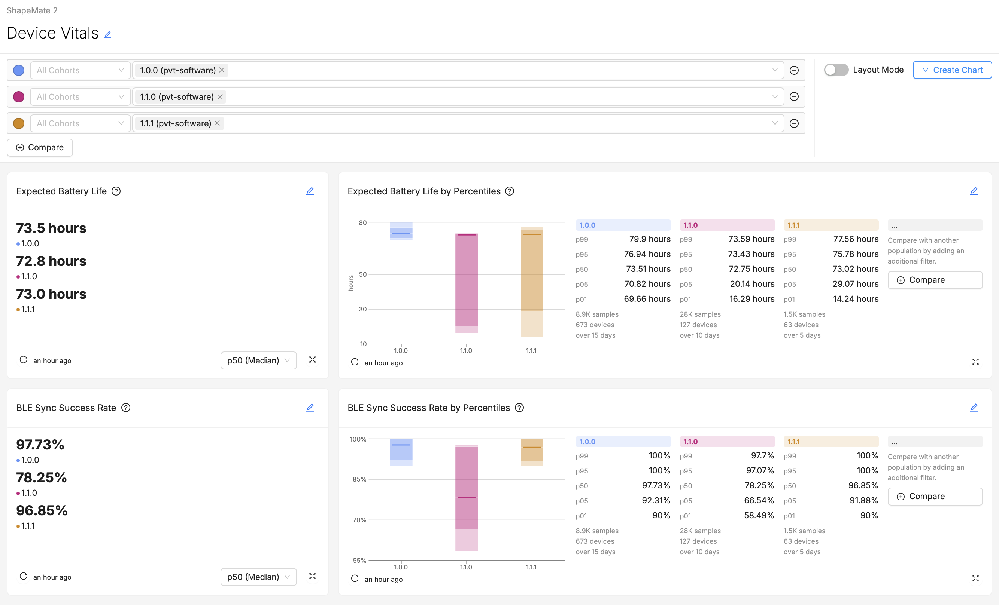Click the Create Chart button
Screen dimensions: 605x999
[952, 70]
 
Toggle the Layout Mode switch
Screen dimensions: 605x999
[836, 70]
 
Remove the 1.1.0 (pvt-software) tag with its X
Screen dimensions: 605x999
[220, 97]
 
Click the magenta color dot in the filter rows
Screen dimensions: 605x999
[19, 97]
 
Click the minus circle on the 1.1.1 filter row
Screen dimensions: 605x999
[794, 123]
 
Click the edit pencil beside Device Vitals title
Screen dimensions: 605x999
[107, 34]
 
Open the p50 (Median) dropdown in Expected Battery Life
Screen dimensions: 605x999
[258, 360]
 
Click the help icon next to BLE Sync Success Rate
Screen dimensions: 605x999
[126, 408]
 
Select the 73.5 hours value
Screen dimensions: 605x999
[51, 228]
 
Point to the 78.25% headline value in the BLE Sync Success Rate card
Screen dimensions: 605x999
[41, 477]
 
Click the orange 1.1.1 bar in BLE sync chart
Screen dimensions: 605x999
[532, 450]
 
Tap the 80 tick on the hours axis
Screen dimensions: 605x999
[362, 223]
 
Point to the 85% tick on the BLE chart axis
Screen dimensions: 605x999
[359, 479]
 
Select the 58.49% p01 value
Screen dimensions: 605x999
[759, 515]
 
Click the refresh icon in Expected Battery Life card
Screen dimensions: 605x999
[24, 360]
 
